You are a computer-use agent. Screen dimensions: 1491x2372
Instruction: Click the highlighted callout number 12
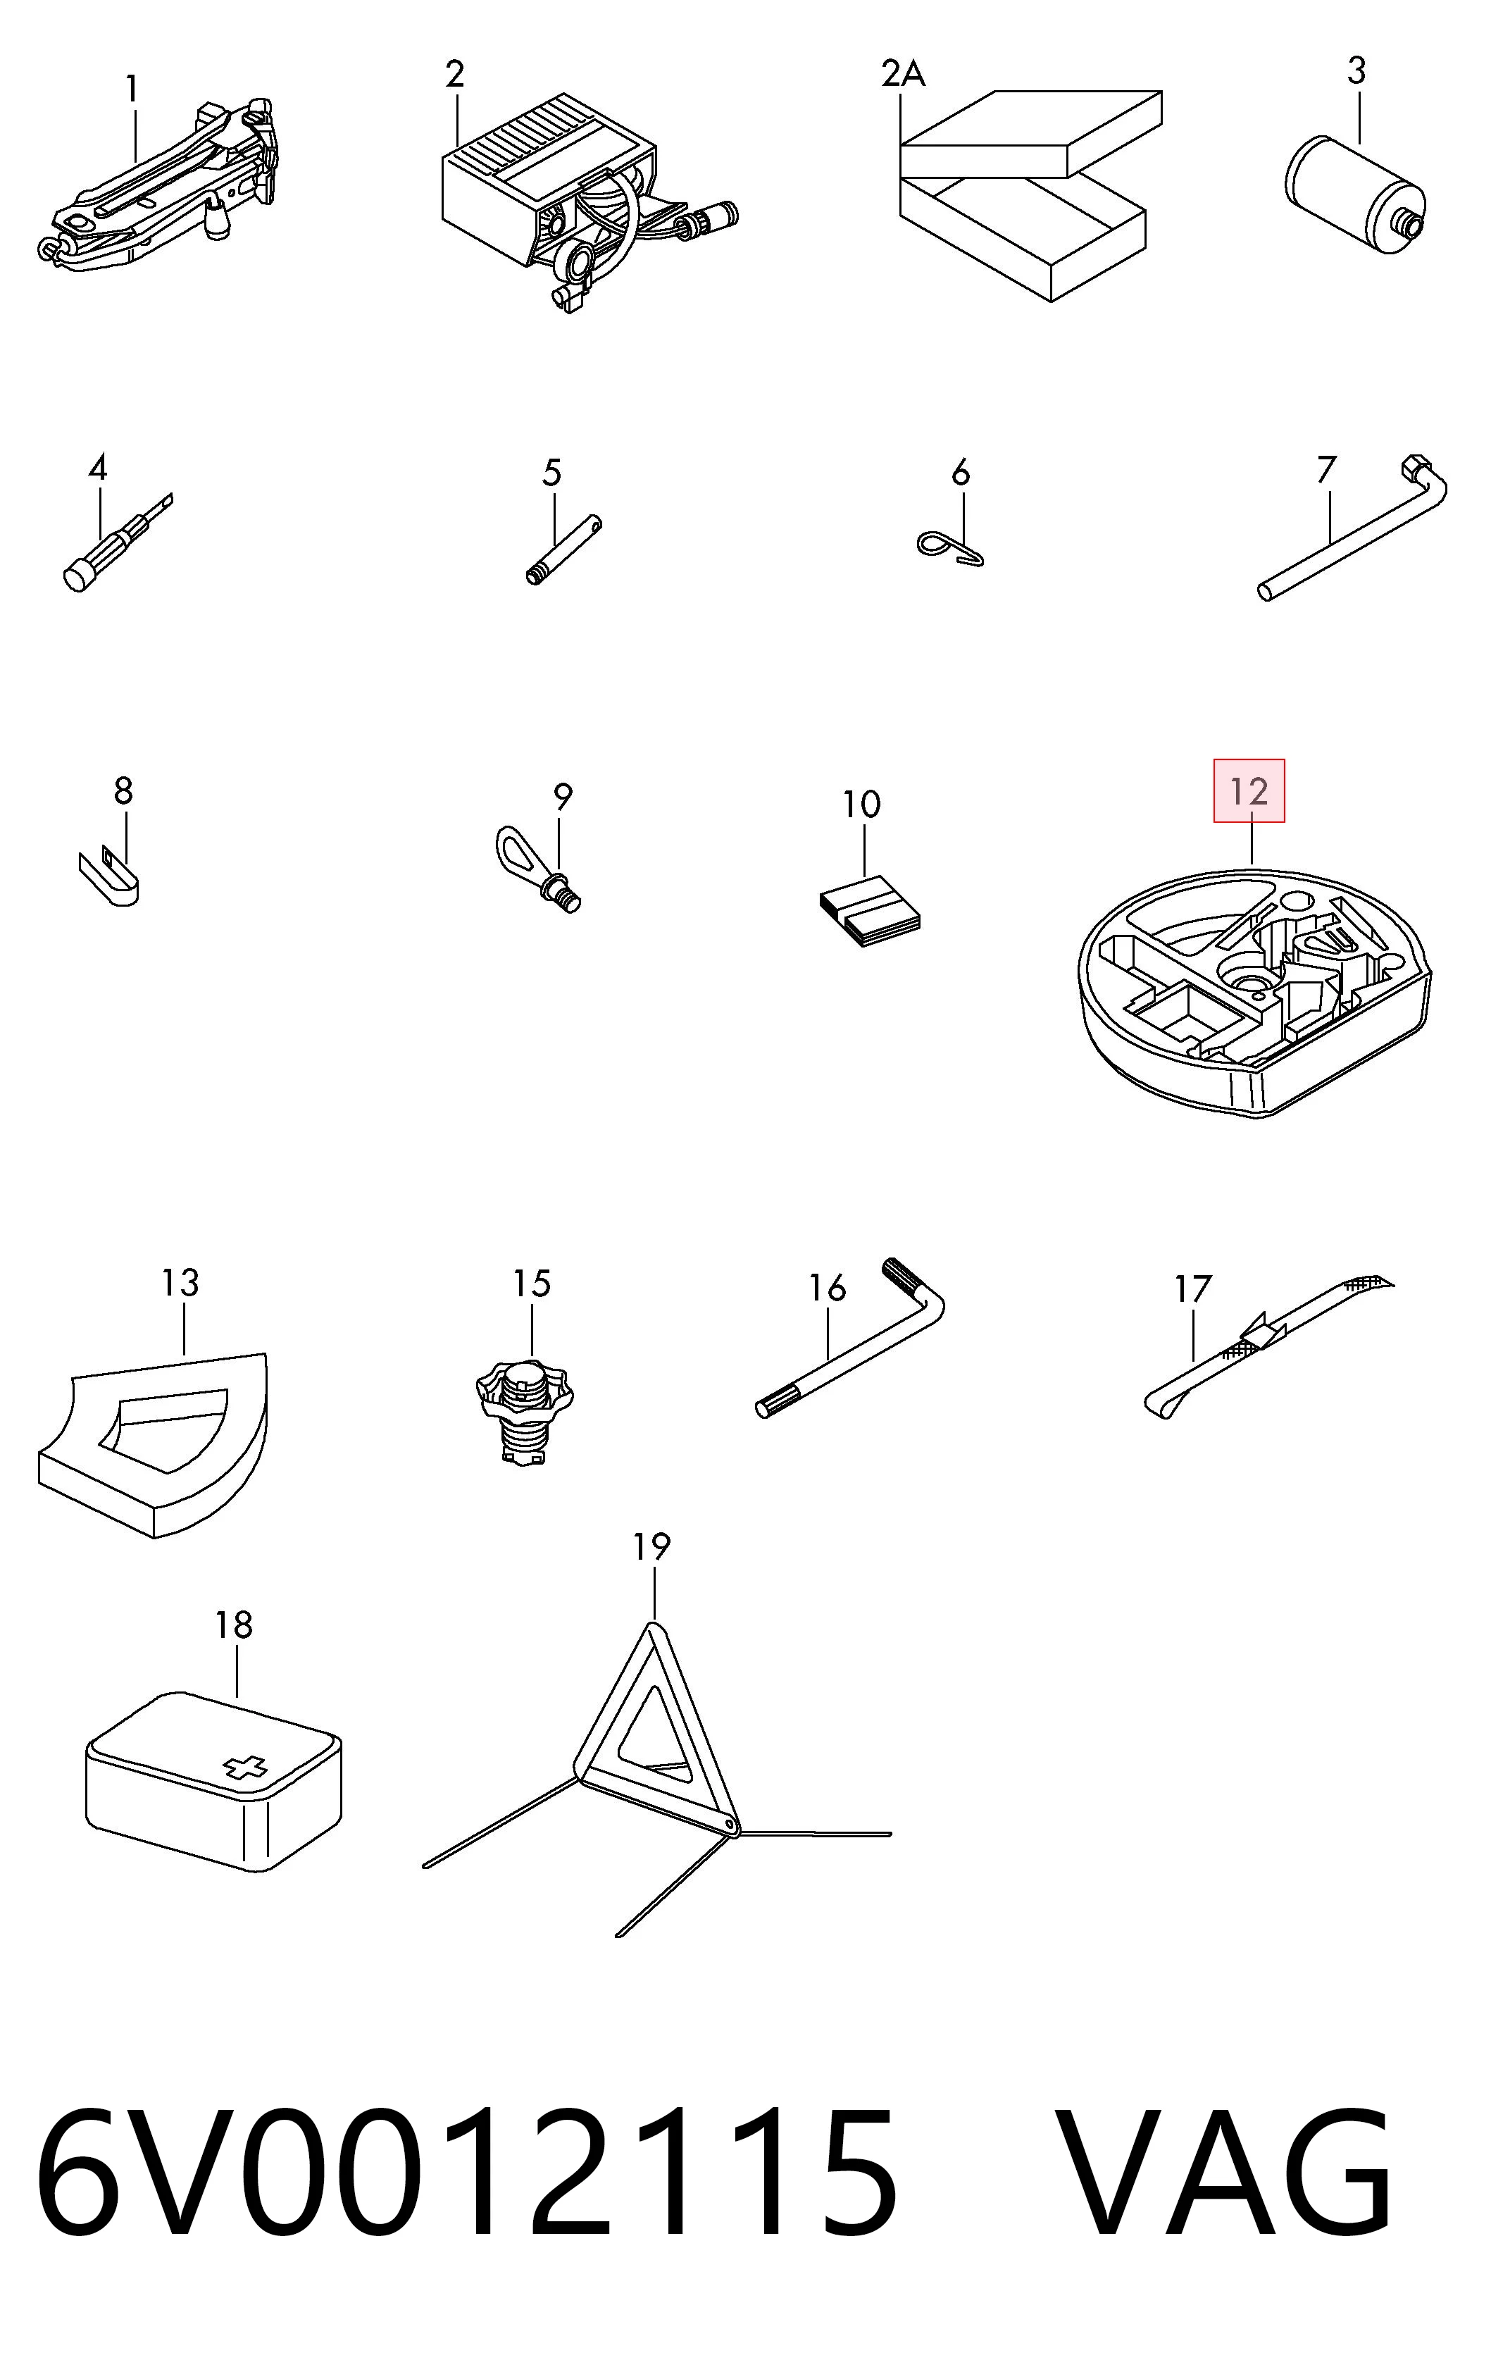click(x=1249, y=791)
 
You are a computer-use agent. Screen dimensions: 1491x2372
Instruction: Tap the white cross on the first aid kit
click(x=247, y=1767)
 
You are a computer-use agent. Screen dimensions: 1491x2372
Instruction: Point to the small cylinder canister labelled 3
click(x=1354, y=195)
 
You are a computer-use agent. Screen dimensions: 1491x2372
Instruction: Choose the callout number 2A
click(x=903, y=73)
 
